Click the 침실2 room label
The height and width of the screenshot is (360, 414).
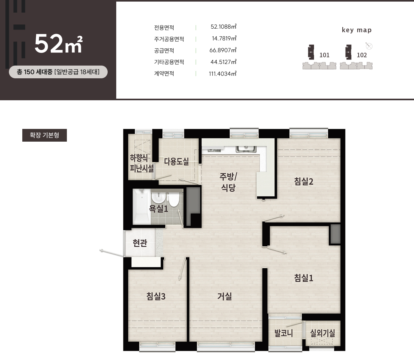303,181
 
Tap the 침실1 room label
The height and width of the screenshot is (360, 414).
303,278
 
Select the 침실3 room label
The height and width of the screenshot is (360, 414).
156,296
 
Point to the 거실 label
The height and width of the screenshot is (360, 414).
225,296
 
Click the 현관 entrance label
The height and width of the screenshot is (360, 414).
140,243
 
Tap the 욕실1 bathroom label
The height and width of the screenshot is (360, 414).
159,208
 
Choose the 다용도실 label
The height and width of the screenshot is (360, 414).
176,161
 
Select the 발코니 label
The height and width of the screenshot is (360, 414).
283,333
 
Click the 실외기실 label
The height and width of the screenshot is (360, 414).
323,333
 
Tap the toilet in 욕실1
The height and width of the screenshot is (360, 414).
173,200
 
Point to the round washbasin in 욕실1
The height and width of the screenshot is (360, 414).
159,197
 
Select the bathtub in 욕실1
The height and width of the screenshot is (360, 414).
142,207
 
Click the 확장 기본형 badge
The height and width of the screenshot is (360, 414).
45,135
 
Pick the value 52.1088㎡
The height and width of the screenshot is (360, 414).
223,27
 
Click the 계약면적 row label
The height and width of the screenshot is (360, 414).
164,74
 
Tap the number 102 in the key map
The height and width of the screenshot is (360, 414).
362,55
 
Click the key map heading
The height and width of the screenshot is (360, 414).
357,30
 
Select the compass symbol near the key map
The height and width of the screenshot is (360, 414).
369,46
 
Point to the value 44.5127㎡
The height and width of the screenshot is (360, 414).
223,62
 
